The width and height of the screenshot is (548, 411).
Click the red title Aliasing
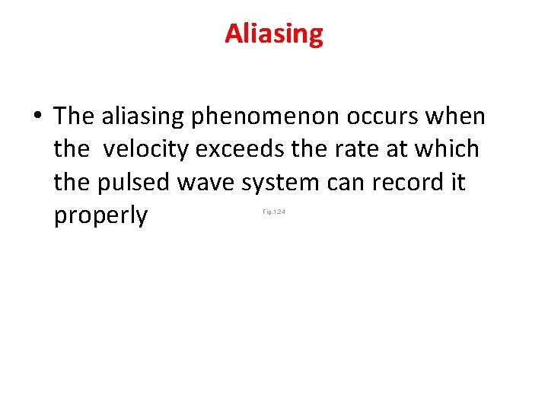click(274, 33)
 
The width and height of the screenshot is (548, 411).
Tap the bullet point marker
click(37, 117)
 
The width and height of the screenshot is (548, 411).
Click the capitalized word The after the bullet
click(73, 116)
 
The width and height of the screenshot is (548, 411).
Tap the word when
click(457, 116)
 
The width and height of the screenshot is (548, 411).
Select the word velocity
click(146, 149)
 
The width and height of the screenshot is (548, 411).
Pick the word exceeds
click(241, 148)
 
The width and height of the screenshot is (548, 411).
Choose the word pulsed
click(139, 183)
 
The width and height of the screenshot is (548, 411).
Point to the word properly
click(100, 216)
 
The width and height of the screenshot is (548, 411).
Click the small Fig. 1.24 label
click(273, 212)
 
